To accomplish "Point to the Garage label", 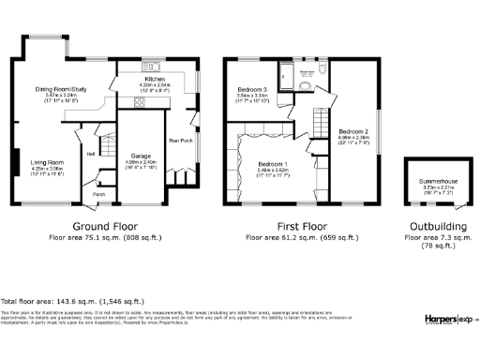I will click(141, 154).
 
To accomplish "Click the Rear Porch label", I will click(181, 142).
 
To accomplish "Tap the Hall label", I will click(92, 153).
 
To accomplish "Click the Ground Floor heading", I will click(105, 227).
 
